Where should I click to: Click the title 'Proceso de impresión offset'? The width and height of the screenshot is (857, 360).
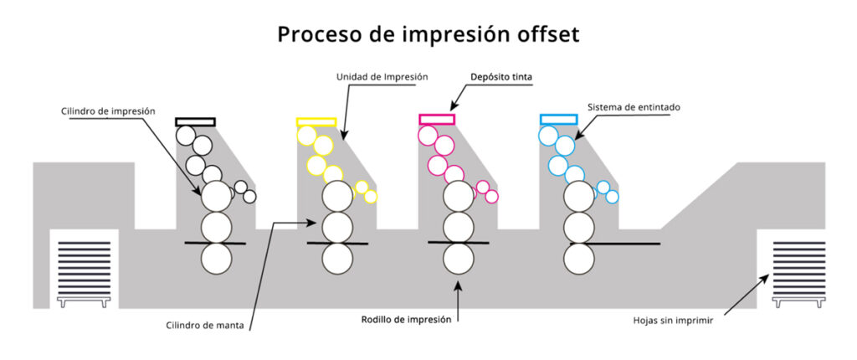coord(428,35)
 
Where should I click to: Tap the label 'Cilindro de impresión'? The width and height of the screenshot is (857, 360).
coord(108,111)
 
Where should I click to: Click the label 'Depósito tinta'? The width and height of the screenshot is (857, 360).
coord(500,76)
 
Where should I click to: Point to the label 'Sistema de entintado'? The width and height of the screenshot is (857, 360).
coord(633,107)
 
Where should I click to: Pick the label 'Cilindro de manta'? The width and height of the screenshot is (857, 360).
coord(205,326)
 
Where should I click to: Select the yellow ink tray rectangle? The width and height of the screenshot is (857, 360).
coord(316,121)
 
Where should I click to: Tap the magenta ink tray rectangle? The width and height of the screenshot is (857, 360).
coord(437,120)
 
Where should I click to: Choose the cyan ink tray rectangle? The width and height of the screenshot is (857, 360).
coord(559,120)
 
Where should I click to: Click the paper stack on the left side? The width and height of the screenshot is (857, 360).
coord(84,266)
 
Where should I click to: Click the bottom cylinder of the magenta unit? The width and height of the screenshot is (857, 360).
coord(459,260)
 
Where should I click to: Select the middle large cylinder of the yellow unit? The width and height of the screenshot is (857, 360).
coord(337,227)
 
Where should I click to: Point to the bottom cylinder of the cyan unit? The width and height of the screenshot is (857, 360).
coord(579,260)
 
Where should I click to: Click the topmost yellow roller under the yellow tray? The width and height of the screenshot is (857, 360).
coord(306,135)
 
